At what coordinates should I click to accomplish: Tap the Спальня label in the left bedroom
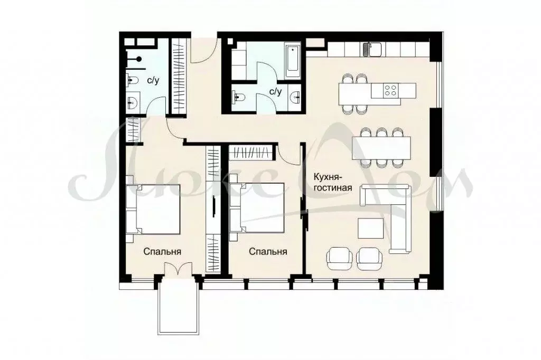point(163,252)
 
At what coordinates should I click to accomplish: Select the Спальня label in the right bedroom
point(268,252)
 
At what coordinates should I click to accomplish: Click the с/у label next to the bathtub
point(275,91)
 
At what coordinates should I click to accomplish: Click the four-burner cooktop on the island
point(391,90)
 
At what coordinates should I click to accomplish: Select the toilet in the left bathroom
point(133,80)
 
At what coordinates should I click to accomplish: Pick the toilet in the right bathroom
point(239,96)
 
